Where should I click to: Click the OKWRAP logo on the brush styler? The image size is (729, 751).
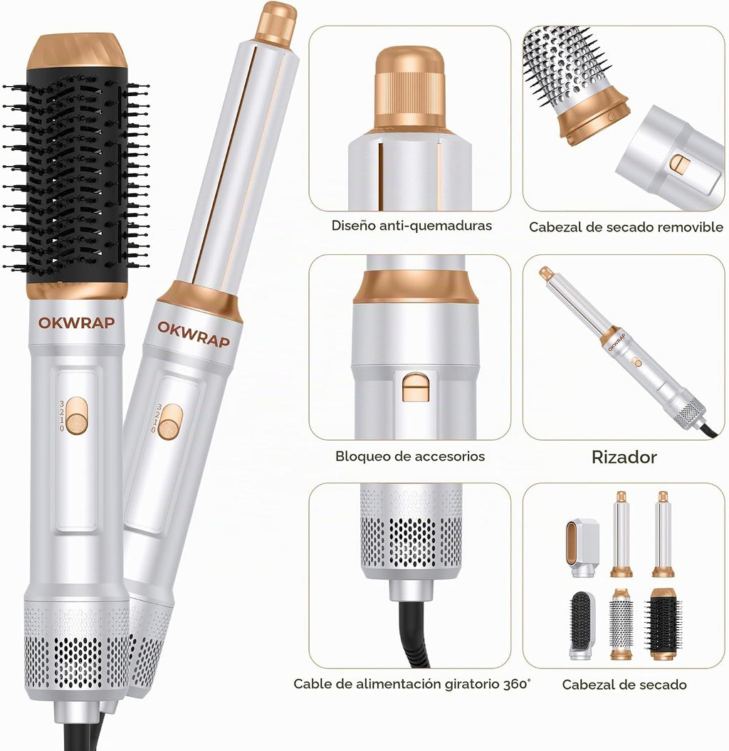(x=77, y=322)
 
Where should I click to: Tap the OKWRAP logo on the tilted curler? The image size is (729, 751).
(x=194, y=333)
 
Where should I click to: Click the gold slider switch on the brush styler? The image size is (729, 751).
(x=77, y=416)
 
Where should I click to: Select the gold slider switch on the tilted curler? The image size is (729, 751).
(x=170, y=422)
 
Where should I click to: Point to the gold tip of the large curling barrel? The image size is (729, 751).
(x=276, y=23)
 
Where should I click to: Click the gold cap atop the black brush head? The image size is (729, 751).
(x=77, y=51)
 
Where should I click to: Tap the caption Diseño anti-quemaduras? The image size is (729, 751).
(x=411, y=226)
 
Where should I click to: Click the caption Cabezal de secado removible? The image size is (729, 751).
(x=626, y=227)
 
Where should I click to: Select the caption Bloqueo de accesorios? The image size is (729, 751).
(x=410, y=456)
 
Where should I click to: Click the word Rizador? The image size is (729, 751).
(x=624, y=457)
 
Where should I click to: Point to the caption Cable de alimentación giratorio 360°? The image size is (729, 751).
(x=412, y=684)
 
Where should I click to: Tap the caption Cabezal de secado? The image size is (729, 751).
(x=624, y=685)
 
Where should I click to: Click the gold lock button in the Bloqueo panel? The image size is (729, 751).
(x=415, y=387)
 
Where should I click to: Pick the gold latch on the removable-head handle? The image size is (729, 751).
(x=680, y=164)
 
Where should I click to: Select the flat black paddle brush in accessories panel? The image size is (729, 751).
(x=582, y=624)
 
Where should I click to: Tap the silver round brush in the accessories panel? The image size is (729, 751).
(x=622, y=624)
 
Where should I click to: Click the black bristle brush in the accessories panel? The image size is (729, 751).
(x=664, y=624)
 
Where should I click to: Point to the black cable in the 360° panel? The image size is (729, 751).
(x=413, y=631)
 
